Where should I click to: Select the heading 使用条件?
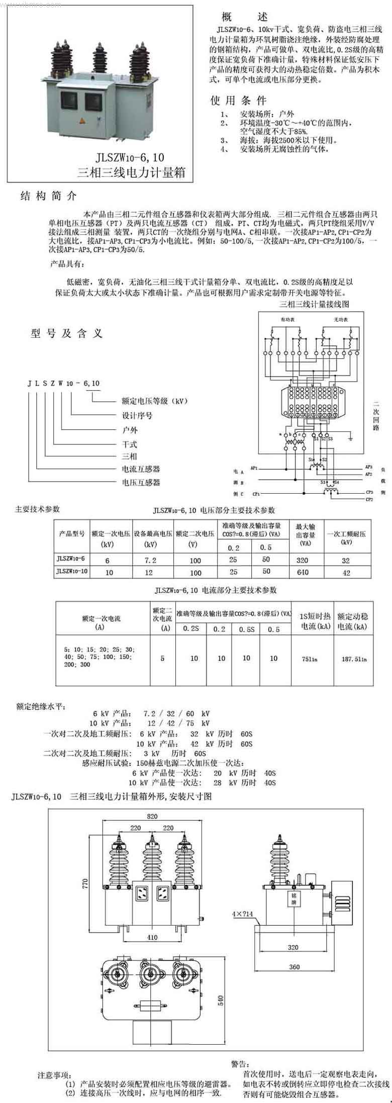[x=239, y=100]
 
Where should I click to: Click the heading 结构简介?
[x=48, y=196]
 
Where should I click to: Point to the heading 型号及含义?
[x=67, y=333]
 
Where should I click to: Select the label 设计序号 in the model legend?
[x=137, y=415]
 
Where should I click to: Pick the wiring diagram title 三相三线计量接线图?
[x=314, y=304]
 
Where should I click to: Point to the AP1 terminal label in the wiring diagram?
[x=254, y=468]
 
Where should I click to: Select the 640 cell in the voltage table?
[x=303, y=572]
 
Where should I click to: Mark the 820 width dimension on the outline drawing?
[x=152, y=817]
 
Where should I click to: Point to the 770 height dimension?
[x=85, y=883]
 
